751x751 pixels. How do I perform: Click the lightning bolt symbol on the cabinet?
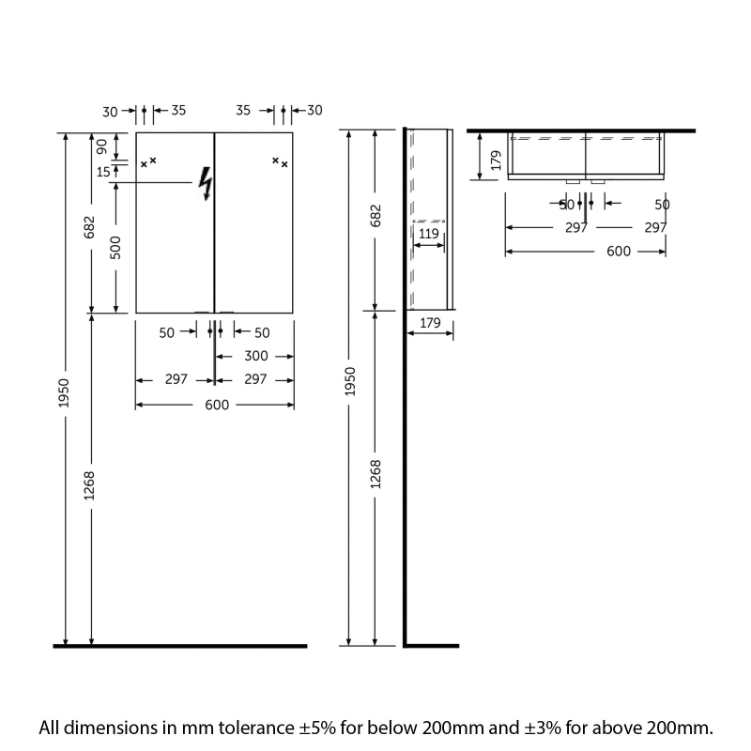[205, 184]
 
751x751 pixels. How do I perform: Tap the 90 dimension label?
[101, 146]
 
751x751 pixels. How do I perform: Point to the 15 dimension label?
[101, 171]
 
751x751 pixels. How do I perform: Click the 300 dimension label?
[255, 356]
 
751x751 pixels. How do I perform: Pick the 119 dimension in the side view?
[428, 234]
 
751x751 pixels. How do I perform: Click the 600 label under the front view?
[216, 405]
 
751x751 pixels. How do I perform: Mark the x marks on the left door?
[148, 162]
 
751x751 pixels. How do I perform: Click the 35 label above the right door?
[243, 111]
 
